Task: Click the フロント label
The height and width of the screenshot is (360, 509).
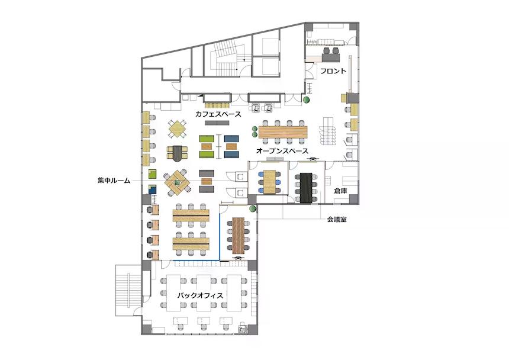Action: click(x=333, y=71)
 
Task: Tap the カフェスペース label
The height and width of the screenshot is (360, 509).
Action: click(x=218, y=114)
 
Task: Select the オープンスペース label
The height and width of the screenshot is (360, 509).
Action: click(x=282, y=150)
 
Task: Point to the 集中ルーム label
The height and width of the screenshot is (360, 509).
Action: click(x=114, y=180)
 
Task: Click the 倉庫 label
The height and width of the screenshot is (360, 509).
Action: click(x=341, y=191)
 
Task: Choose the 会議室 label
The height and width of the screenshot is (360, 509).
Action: click(x=337, y=219)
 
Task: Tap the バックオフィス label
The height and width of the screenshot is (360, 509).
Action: click(x=200, y=295)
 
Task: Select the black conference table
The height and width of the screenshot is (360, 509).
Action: click(x=306, y=188)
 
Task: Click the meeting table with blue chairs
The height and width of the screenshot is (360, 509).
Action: click(x=269, y=182)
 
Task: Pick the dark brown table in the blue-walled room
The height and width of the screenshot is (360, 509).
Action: click(x=239, y=236)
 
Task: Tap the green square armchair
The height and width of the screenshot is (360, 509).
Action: click(x=152, y=174)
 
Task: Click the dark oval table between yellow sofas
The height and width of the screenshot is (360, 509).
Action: click(x=177, y=153)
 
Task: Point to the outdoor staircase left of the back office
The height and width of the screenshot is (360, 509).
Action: click(x=128, y=290)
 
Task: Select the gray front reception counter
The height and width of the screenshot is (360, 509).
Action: click(x=331, y=58)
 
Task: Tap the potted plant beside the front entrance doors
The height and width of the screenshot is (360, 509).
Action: click(x=306, y=99)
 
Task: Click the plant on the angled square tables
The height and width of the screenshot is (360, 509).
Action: click(x=177, y=182)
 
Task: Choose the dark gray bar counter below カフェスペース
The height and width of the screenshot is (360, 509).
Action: click(x=217, y=123)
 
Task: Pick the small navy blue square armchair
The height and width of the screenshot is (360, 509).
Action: click(x=152, y=189)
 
